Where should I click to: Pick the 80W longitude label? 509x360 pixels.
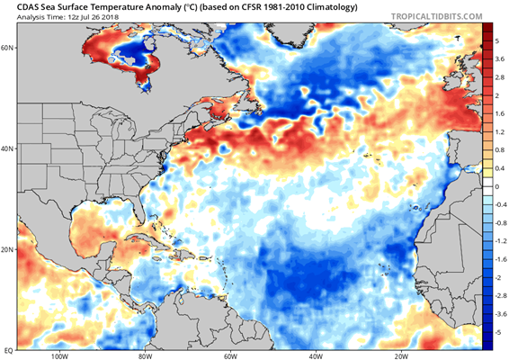pos(145,356)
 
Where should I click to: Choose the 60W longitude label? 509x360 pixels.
pos(230,356)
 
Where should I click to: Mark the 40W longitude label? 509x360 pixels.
pos(316,356)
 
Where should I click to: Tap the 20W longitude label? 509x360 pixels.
pos(402,356)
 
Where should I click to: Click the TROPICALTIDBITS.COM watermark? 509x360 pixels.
pos(437,16)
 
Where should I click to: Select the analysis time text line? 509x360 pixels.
pos(67,17)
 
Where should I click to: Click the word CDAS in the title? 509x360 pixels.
pos(28,7)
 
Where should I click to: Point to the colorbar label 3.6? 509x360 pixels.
pos(500,58)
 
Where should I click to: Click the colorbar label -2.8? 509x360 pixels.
pos(500,296)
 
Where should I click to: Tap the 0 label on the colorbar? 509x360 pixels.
pos(496,186)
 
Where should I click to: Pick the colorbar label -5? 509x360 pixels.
pos(498,332)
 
